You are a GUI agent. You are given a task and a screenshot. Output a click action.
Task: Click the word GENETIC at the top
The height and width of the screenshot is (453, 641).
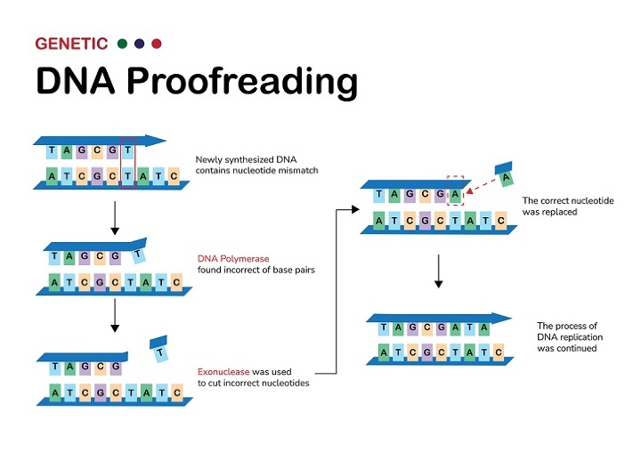pos(71,43)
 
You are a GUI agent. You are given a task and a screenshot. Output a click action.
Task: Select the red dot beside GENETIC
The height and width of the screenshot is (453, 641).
pos(157,43)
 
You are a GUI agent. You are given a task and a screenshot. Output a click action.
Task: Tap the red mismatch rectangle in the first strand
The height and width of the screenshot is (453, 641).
pos(126,162)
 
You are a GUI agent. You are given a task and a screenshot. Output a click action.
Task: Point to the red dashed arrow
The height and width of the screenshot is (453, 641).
pos(481,186)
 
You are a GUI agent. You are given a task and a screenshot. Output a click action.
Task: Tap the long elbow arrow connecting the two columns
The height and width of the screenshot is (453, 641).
pos(337,294)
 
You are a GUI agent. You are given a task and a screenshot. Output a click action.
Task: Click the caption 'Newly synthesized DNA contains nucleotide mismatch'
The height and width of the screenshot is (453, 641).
pos(256,165)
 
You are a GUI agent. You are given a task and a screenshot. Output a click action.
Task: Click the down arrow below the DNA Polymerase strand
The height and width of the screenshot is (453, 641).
pos(114,316)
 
